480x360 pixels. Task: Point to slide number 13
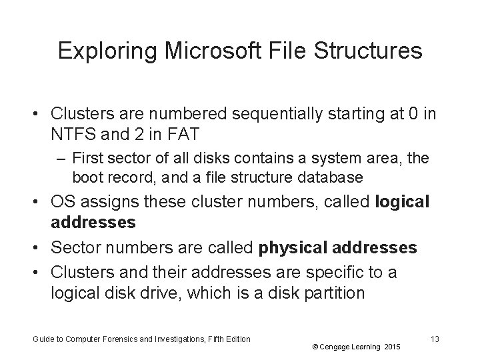(x=435, y=339)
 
